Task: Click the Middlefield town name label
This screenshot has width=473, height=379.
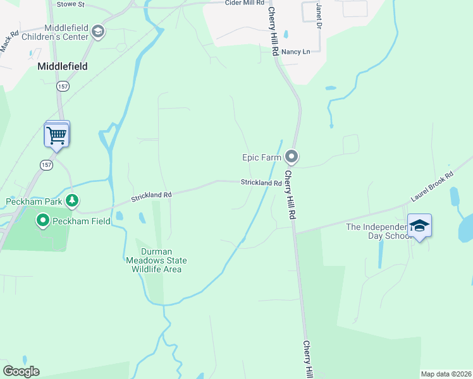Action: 62,66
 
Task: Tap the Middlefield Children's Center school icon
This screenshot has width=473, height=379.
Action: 98,32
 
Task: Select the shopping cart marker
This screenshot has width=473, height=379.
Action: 57,135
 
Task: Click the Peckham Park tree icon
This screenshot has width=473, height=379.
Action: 73,201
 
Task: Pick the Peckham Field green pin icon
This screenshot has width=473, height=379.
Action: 43,220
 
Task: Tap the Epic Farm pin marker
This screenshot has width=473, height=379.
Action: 292,155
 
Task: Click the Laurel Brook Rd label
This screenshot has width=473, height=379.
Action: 433,186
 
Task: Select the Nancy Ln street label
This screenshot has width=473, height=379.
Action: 295,52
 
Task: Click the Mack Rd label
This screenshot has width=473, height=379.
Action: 6,44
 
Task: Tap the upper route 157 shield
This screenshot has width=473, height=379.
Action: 63,85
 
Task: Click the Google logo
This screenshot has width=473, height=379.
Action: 21,371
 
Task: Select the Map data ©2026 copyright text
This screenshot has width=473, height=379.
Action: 446,374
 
